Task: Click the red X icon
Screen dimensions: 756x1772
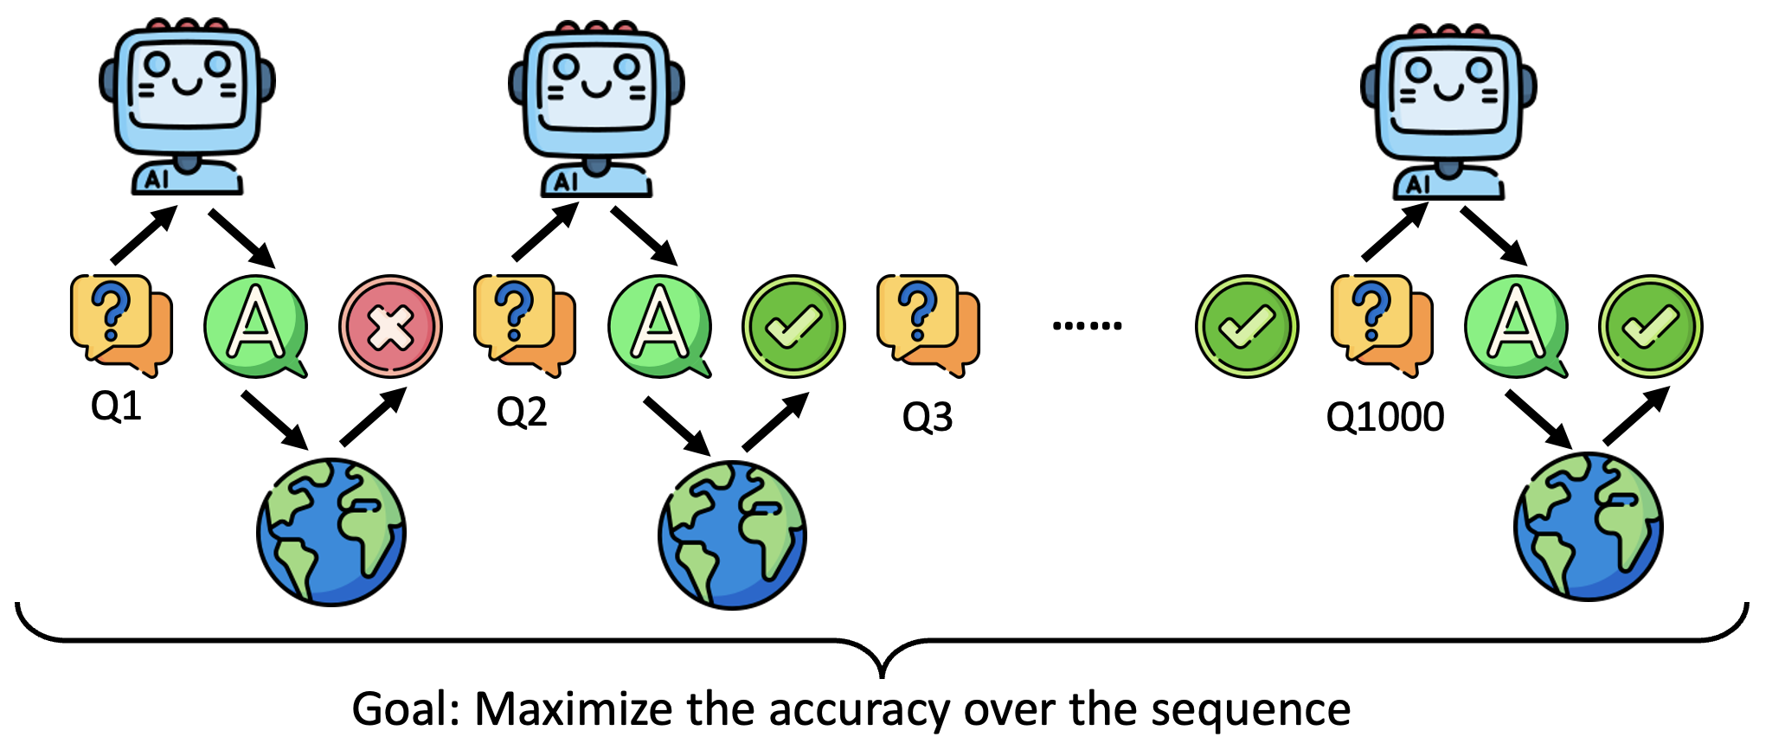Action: pyautogui.click(x=390, y=327)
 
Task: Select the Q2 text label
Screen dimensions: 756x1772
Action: pyautogui.click(x=521, y=412)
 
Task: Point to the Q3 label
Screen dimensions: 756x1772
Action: pyautogui.click(x=927, y=417)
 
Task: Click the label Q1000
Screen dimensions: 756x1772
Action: pyautogui.click(x=1384, y=417)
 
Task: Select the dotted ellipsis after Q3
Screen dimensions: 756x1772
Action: pyautogui.click(x=1087, y=326)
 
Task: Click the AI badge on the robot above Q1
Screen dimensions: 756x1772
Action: pyautogui.click(x=157, y=179)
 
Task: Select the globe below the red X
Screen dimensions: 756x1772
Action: pyautogui.click(x=331, y=531)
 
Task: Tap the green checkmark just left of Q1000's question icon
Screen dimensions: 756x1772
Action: pyautogui.click(x=1246, y=326)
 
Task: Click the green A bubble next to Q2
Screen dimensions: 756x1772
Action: pyautogui.click(x=660, y=327)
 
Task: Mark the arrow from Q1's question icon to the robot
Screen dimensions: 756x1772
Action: pyautogui.click(x=144, y=234)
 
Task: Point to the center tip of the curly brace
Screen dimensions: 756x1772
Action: pyautogui.click(x=882, y=673)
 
